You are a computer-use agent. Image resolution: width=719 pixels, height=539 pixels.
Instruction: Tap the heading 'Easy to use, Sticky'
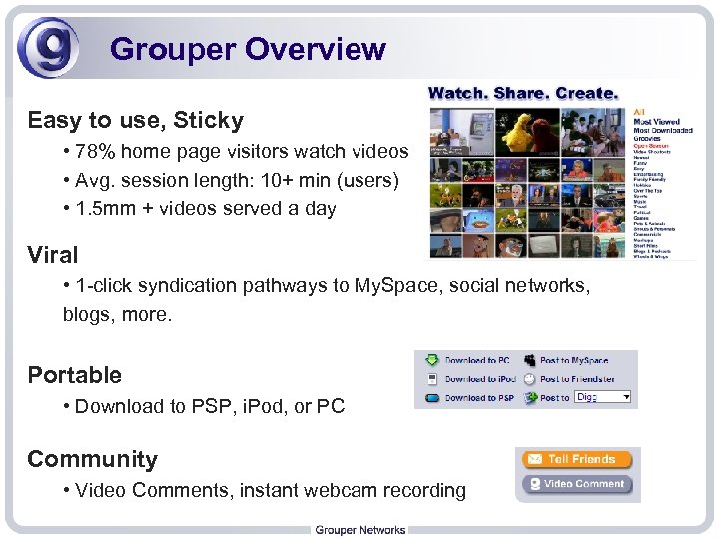coord(135,121)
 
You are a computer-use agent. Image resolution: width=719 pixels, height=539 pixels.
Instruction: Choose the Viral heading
coord(52,255)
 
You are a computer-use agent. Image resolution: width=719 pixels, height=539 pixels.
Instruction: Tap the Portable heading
coord(74,375)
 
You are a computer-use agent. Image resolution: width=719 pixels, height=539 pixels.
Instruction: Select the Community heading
coord(92,459)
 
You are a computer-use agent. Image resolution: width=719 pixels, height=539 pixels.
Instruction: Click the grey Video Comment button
coord(577,485)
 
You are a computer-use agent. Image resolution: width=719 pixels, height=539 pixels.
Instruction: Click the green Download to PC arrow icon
coord(431,360)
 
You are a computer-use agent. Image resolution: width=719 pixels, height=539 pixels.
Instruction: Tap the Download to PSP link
coord(478,397)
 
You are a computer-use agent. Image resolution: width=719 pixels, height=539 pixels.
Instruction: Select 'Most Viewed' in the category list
coord(655,121)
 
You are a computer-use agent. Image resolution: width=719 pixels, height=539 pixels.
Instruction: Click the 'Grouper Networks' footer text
coord(359,530)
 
